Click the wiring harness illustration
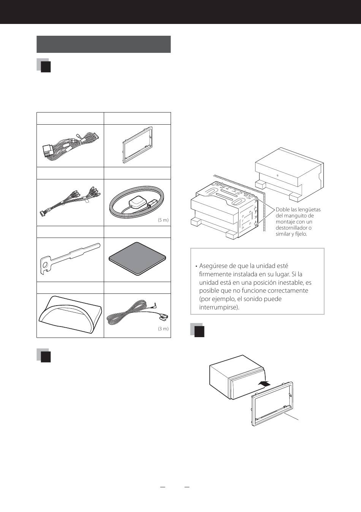point(70,145)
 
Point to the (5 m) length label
point(163,220)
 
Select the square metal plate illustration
point(137,258)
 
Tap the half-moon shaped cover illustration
point(71,315)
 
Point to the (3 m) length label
point(163,329)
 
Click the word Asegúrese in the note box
point(214,266)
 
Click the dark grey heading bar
point(103,44)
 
